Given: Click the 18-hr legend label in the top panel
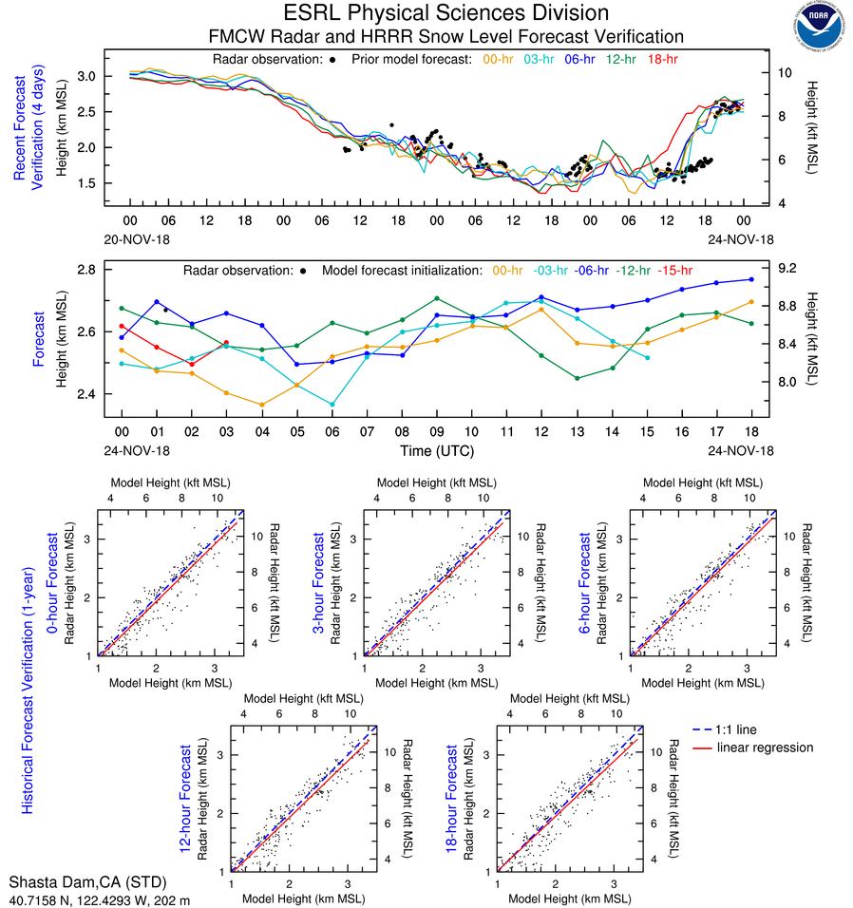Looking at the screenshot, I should [x=662, y=60].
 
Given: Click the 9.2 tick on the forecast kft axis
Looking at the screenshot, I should [x=790, y=270].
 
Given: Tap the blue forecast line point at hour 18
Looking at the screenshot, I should [x=751, y=279].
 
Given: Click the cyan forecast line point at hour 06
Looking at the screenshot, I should [x=332, y=405].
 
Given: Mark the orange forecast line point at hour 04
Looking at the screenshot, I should [x=261, y=405].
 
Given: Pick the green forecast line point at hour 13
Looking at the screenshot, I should [x=577, y=379].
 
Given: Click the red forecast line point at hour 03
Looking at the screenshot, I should [x=226, y=342].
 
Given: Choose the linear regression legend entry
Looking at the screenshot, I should [x=765, y=747].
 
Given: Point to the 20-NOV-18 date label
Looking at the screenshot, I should [x=131, y=238].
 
